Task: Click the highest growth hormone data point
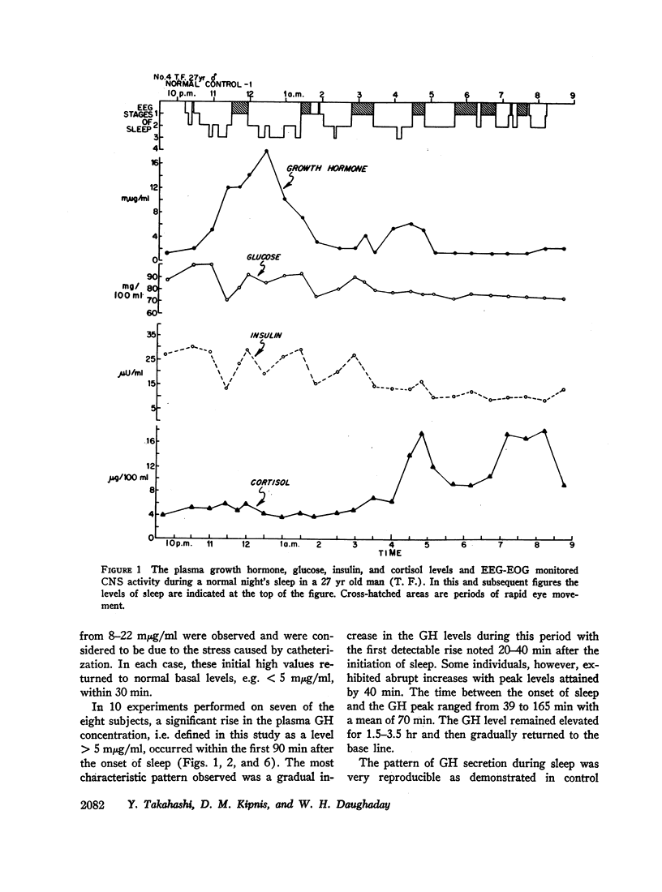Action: (266, 151)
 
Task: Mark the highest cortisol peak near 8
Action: (544, 431)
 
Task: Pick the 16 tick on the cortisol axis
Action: (151, 441)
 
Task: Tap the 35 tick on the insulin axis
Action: (150, 335)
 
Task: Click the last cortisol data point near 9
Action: (563, 485)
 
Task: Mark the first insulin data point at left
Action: (165, 354)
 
